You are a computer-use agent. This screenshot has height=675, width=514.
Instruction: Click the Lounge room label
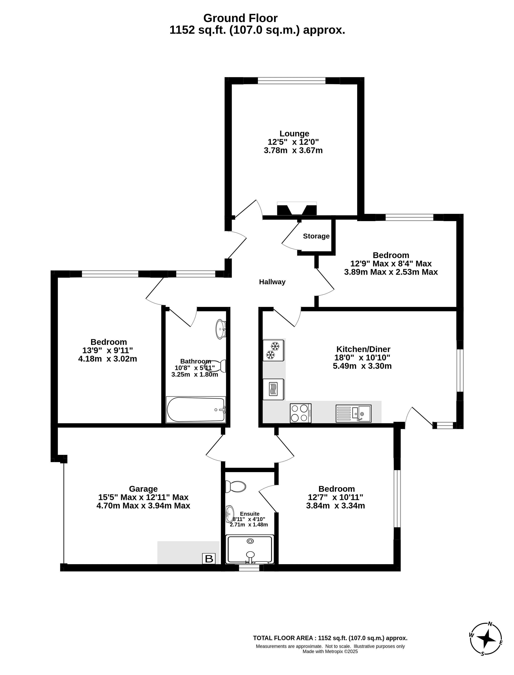[x=294, y=134]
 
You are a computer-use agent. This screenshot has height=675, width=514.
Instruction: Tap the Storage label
[x=316, y=236]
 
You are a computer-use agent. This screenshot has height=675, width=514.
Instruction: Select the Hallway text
[x=272, y=282]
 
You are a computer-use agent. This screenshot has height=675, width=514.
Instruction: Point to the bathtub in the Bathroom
[x=196, y=410]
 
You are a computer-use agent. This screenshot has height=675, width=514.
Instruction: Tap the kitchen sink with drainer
[x=353, y=414]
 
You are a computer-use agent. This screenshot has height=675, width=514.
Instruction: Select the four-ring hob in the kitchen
[x=300, y=413]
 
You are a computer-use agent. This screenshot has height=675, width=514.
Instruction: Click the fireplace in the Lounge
[x=297, y=209]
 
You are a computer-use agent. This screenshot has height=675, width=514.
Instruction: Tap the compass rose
[x=486, y=639]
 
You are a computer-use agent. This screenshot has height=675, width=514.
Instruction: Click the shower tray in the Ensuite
[x=250, y=549]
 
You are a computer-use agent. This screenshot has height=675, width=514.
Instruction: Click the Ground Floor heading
[x=241, y=18]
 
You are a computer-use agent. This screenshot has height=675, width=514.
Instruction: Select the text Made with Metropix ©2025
[x=330, y=652]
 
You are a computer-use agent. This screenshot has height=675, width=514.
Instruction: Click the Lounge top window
[x=292, y=81]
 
